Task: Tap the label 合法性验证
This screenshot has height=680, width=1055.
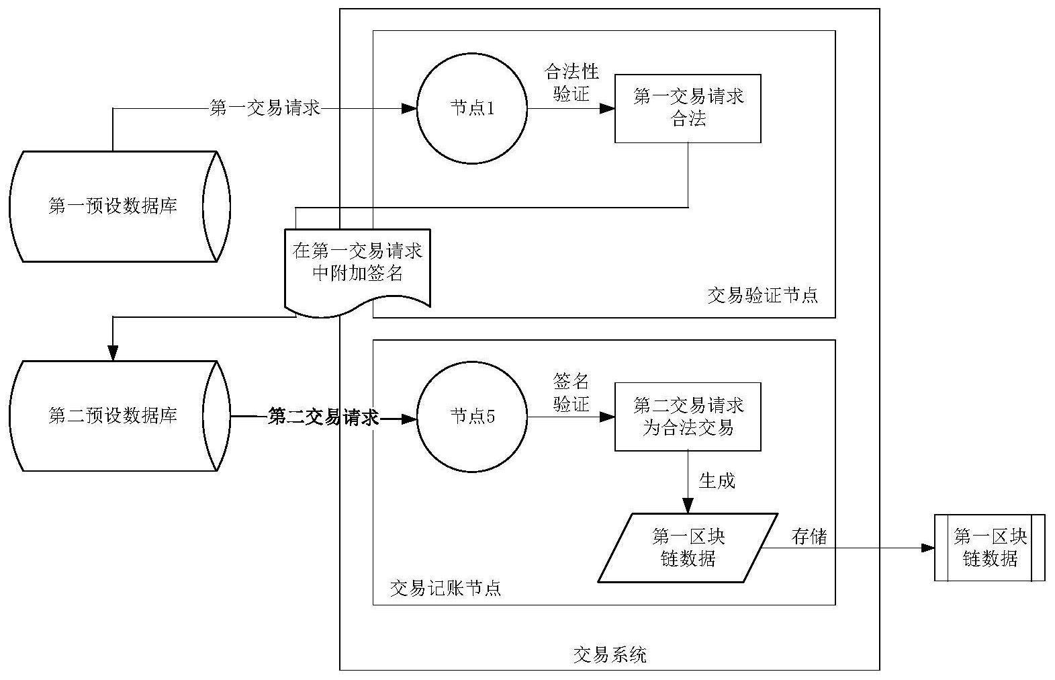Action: click(x=571, y=83)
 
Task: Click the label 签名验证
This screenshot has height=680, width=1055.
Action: click(x=571, y=392)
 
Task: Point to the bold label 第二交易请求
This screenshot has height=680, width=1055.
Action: click(x=323, y=417)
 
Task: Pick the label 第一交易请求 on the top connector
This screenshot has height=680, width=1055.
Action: click(x=265, y=108)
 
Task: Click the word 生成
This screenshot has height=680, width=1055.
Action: click(x=717, y=480)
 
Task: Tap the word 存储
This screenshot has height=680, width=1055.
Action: click(x=809, y=537)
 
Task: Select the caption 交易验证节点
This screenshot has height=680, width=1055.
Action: click(x=762, y=296)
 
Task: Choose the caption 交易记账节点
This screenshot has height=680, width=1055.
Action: click(x=445, y=588)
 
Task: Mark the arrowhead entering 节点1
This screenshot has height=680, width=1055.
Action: click(x=409, y=109)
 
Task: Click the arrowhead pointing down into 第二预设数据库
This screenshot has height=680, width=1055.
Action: click(x=113, y=353)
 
